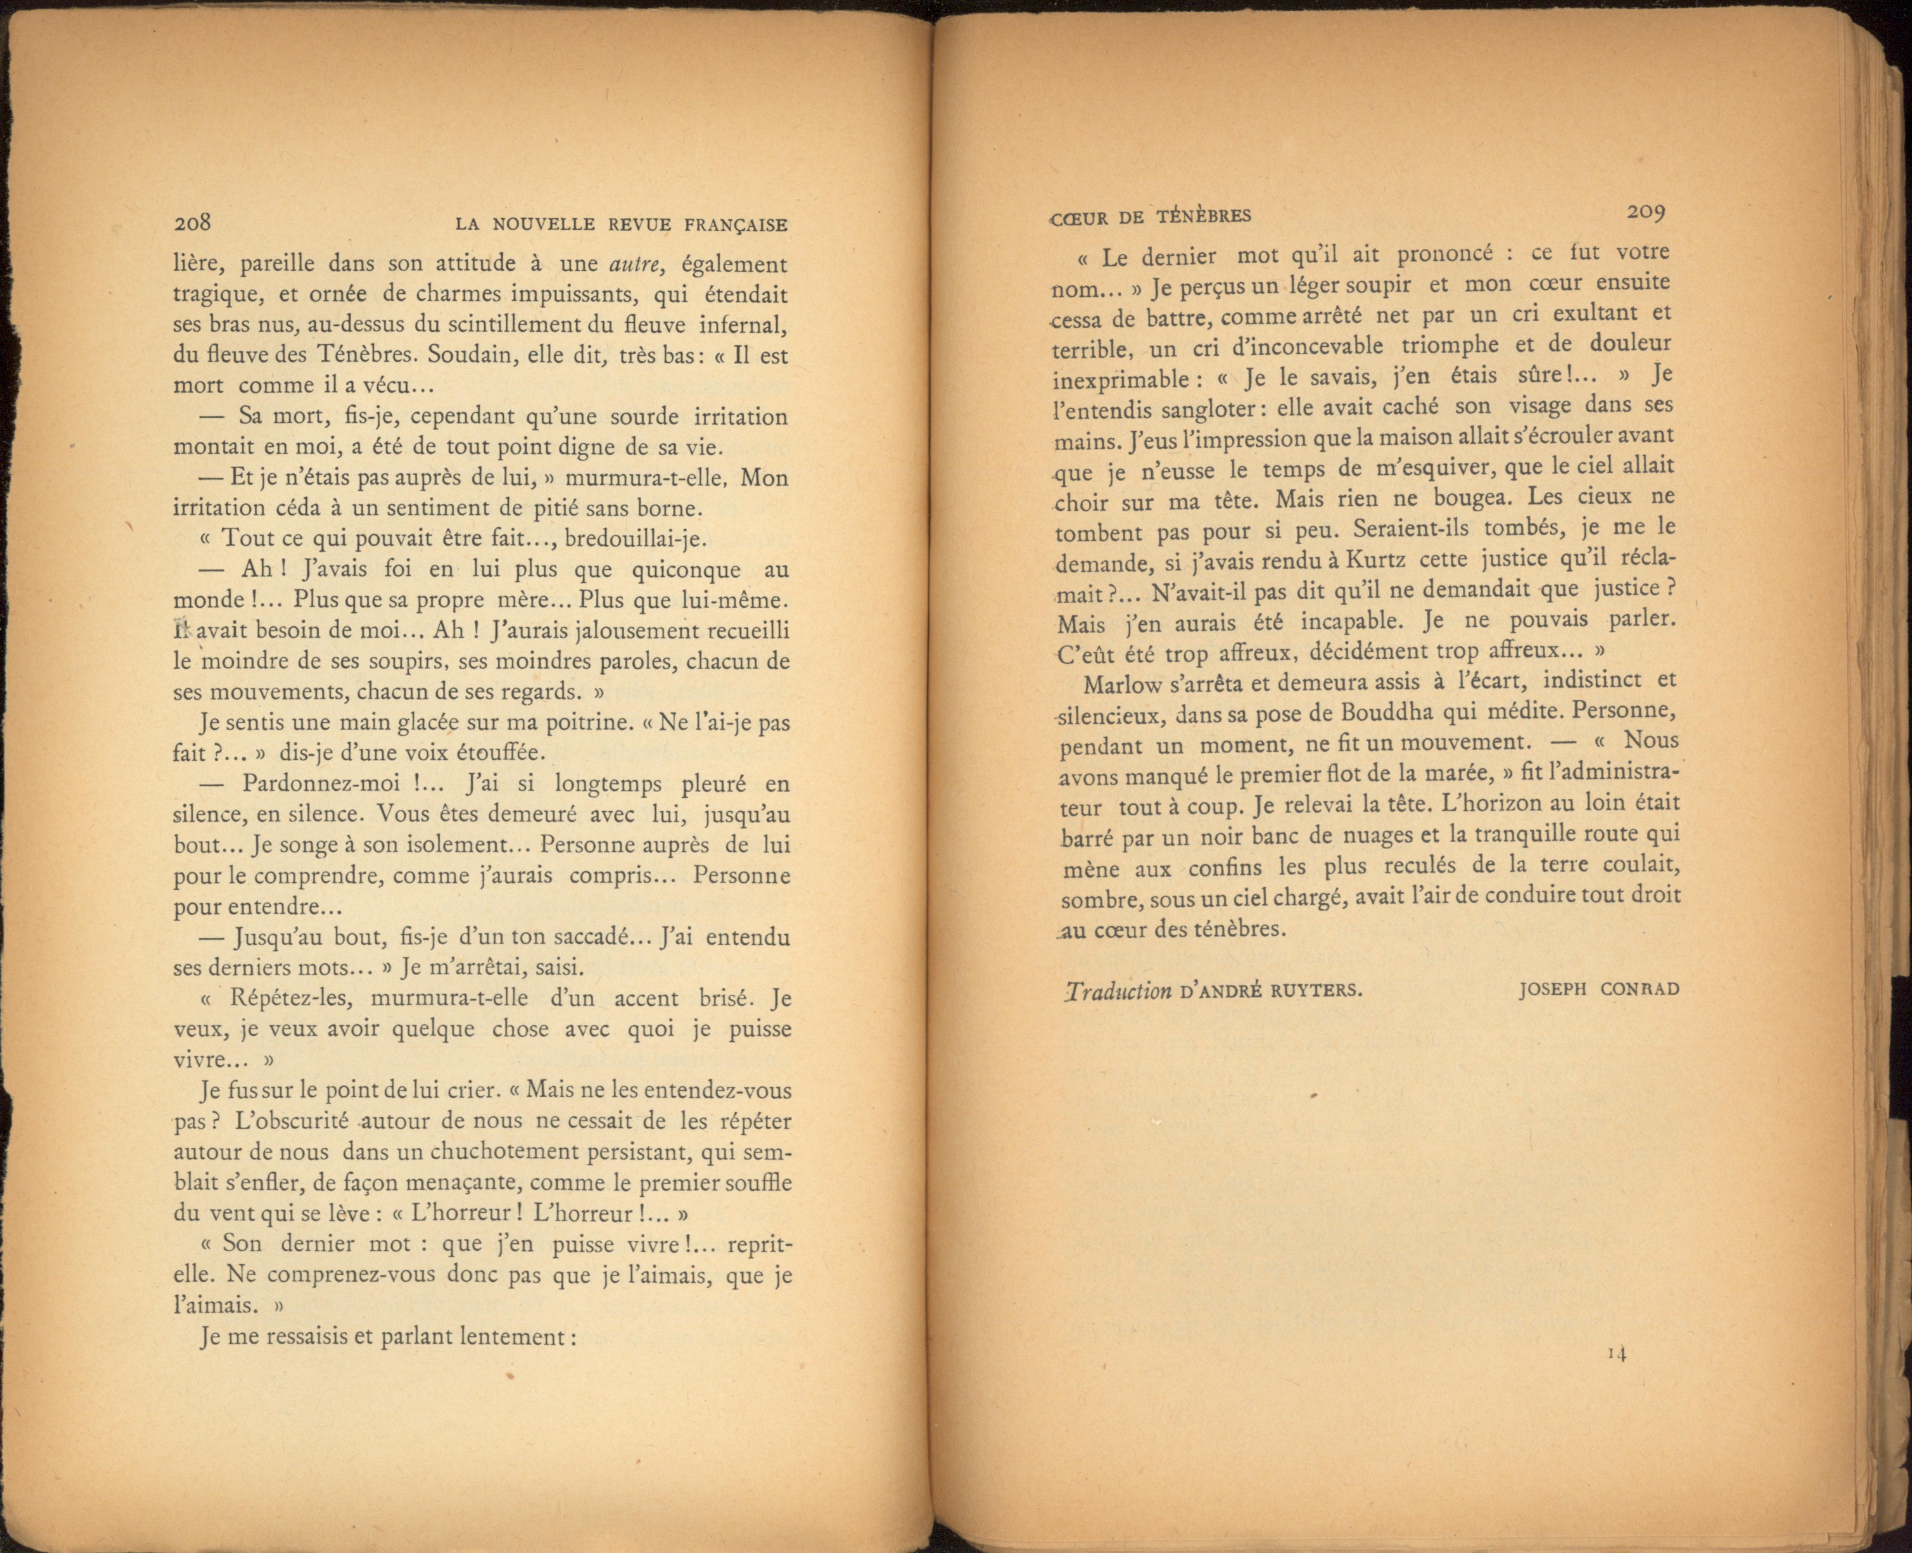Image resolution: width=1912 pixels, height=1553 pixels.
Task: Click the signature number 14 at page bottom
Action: [1616, 1353]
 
